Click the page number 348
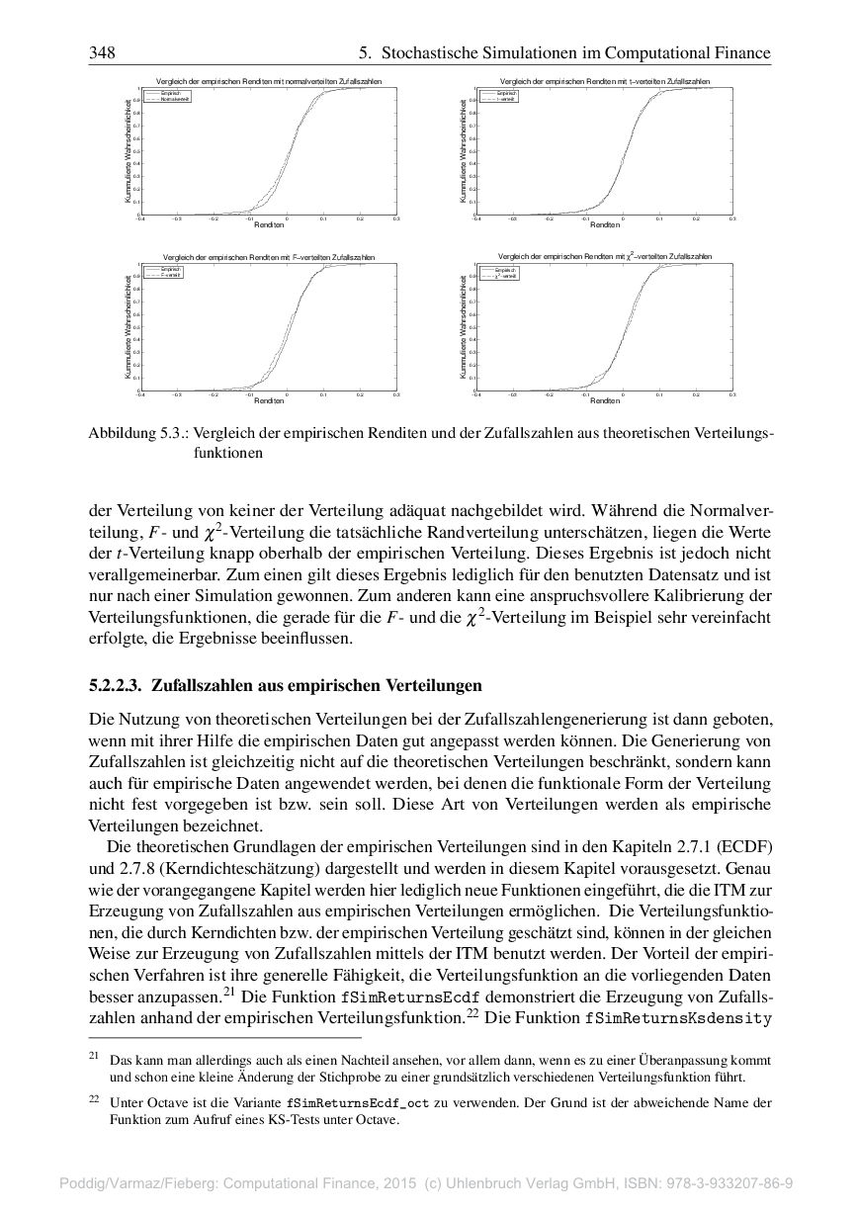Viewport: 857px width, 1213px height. click(x=102, y=52)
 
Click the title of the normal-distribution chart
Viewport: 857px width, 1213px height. click(x=269, y=80)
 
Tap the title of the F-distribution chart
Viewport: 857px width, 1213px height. click(x=269, y=257)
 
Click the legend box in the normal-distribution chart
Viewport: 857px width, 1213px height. click(x=168, y=96)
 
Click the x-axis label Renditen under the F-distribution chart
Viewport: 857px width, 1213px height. click(x=269, y=400)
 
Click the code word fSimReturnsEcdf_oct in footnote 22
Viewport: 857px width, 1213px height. click(x=353, y=1101)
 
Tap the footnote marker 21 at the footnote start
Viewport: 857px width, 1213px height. click(x=94, y=1057)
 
